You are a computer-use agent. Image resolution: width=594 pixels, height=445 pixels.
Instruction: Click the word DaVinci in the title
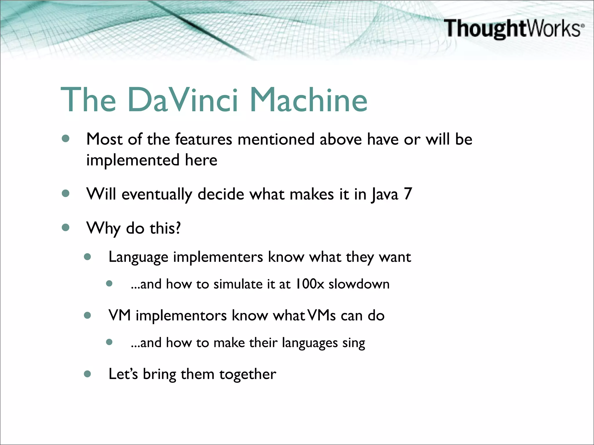pyautogui.click(x=183, y=100)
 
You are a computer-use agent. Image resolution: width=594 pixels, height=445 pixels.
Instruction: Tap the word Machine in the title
pyautogui.click(x=309, y=100)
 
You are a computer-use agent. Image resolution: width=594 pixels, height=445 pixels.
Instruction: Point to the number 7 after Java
pyautogui.click(x=408, y=194)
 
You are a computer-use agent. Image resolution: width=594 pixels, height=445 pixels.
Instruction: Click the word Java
pyautogui.click(x=385, y=195)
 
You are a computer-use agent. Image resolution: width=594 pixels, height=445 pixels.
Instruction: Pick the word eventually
pyautogui.click(x=157, y=195)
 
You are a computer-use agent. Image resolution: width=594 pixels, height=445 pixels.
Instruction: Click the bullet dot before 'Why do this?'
pyautogui.click(x=66, y=227)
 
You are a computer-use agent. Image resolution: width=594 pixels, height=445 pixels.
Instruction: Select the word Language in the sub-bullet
pyautogui.click(x=138, y=257)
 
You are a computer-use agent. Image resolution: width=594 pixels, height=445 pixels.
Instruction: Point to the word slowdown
pyautogui.click(x=359, y=284)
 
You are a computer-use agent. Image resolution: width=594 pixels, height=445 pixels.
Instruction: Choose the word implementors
pyautogui.click(x=181, y=315)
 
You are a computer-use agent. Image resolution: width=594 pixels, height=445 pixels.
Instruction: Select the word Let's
pyautogui.click(x=123, y=374)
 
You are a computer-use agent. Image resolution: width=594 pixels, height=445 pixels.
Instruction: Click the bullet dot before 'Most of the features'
pyautogui.click(x=66, y=139)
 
